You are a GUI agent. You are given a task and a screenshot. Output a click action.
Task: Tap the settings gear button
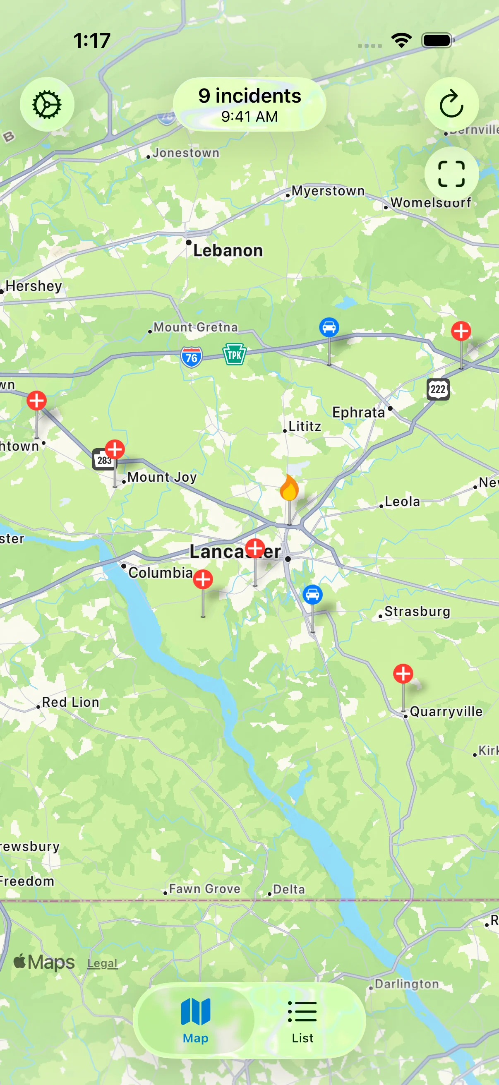47,104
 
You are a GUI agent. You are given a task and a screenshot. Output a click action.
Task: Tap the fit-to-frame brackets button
451,173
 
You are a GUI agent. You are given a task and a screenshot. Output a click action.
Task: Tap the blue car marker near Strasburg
312,594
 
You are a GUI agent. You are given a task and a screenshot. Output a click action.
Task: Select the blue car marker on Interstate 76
329,327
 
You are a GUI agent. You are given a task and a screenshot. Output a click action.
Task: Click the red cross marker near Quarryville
403,674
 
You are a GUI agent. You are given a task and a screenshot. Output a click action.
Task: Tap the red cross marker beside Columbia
203,580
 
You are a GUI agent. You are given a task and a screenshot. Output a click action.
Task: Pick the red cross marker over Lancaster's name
255,548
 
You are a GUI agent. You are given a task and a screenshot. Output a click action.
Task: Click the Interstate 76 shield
192,358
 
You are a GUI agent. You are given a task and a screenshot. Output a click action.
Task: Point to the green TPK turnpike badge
234,355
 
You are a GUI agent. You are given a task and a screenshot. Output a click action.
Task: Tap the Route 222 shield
438,389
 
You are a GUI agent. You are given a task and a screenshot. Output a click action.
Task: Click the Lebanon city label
228,251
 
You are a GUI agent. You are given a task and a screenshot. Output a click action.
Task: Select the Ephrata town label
358,412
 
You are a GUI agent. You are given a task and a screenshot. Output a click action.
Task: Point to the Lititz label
305,426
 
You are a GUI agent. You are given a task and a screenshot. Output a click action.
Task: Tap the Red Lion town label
70,702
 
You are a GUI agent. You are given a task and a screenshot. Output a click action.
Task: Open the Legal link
102,963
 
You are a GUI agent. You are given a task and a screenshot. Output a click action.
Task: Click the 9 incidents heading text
250,96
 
